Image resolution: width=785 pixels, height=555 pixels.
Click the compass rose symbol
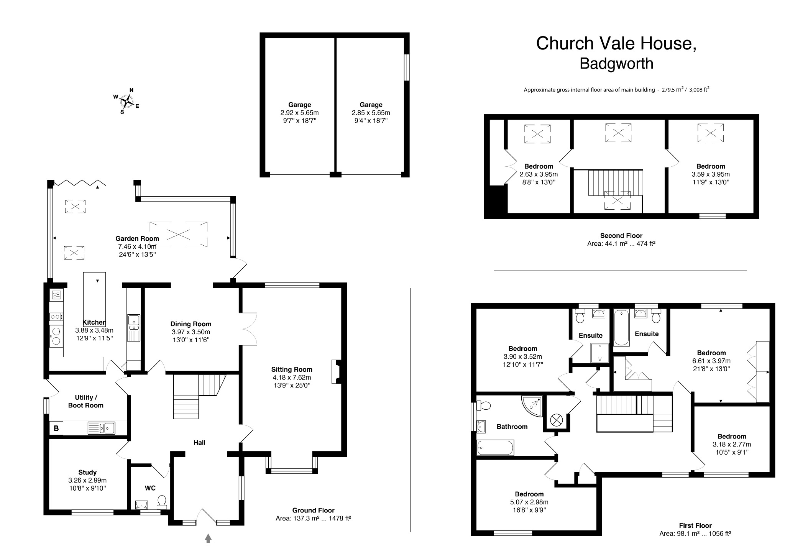[126, 101]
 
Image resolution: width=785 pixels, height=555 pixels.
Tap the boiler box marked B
[56, 428]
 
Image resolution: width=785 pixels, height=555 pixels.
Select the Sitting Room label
[292, 369]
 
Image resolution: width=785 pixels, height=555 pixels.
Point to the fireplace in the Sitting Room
[336, 371]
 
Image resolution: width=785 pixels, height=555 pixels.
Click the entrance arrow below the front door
[208, 538]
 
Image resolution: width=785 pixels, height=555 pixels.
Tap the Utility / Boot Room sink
[102, 428]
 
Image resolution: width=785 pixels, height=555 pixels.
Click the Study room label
[87, 472]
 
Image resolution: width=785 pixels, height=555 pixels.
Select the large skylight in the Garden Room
[178, 234]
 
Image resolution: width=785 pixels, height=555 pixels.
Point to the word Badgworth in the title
[616, 64]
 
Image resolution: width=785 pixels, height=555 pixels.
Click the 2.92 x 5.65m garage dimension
[299, 113]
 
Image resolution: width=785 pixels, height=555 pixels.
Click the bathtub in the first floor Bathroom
[495, 447]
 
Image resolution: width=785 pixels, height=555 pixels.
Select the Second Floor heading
[621, 236]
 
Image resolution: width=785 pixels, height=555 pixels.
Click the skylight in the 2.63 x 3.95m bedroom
[537, 134]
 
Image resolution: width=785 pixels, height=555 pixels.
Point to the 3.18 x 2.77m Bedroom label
[732, 436]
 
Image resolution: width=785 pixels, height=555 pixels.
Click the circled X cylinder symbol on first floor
[556, 420]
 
